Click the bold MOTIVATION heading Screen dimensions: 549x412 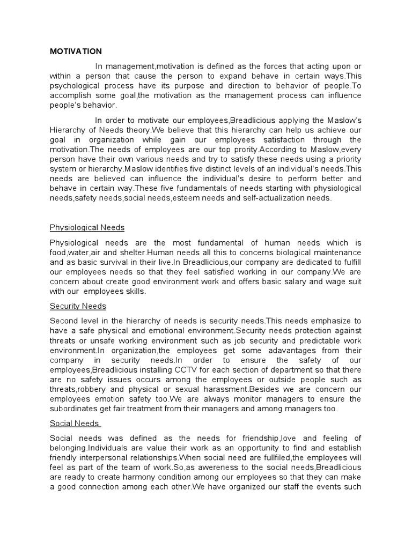[x=76, y=51]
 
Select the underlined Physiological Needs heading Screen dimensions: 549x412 [x=87, y=227]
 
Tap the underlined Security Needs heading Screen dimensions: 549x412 [x=78, y=306]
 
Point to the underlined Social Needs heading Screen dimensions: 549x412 [x=75, y=423]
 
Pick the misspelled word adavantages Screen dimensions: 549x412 [x=267, y=351]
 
